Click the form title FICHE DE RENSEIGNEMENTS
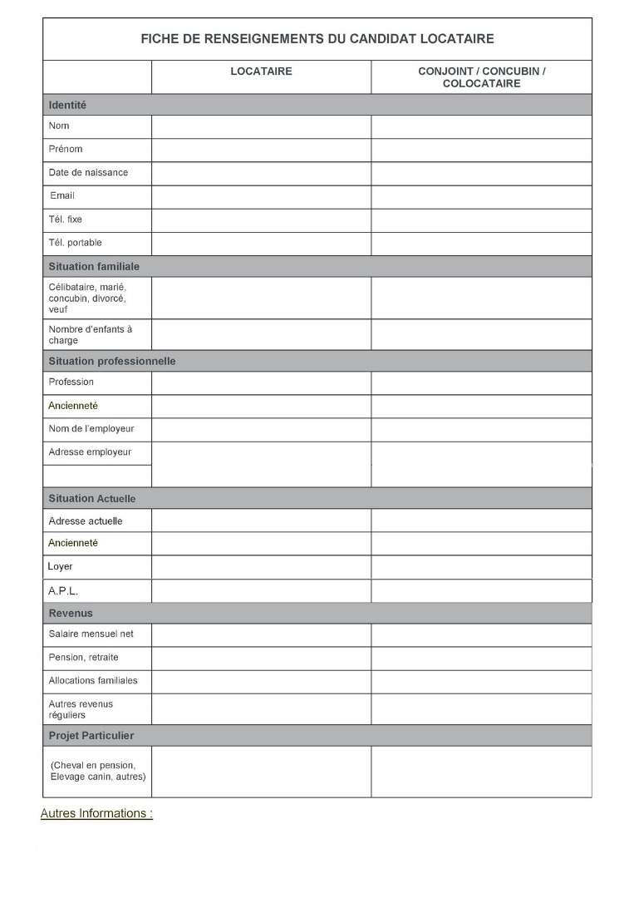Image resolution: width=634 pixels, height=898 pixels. (x=317, y=39)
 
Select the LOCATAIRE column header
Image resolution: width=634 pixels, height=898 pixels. (x=261, y=72)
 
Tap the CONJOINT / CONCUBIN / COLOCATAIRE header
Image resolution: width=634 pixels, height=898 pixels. (x=481, y=77)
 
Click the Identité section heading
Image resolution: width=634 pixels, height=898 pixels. (x=67, y=106)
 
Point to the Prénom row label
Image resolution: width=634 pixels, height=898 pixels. (x=66, y=150)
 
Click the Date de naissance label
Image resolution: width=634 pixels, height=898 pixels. (x=88, y=173)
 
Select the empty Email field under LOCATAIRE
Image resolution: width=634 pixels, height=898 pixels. (x=261, y=196)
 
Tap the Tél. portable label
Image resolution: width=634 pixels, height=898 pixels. (x=75, y=243)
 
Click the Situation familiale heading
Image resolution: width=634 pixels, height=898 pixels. (x=94, y=267)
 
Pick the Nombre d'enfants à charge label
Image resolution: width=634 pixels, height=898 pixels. (x=90, y=334)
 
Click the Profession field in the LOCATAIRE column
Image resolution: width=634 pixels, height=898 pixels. (x=261, y=382)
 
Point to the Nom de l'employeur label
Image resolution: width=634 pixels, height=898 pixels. (x=91, y=429)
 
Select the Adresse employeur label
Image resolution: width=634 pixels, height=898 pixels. (x=90, y=452)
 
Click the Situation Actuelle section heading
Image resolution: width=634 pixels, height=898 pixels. (x=91, y=499)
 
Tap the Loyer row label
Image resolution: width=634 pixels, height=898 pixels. (x=60, y=566)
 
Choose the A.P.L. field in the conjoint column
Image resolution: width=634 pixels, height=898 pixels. (x=481, y=591)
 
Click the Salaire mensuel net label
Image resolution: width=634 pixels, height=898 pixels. (x=91, y=634)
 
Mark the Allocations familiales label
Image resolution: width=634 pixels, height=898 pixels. (x=93, y=681)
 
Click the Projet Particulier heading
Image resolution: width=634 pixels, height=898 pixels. (x=91, y=736)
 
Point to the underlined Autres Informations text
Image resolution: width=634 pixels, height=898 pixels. (x=96, y=814)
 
